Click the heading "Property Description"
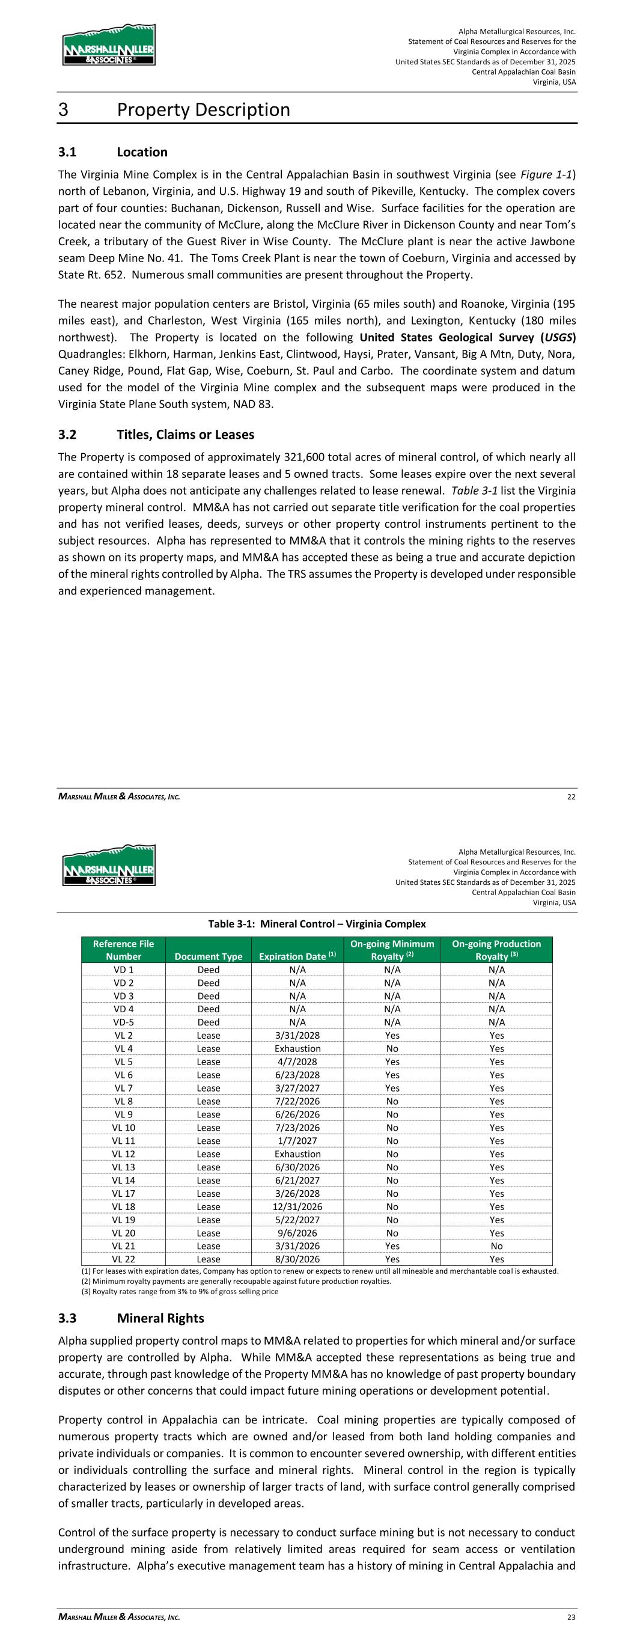[x=203, y=110]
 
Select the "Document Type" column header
[x=209, y=956]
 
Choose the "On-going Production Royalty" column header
[x=496, y=950]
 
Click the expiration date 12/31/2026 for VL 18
[x=297, y=1206]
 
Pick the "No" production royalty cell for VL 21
[x=496, y=1246]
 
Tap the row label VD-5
[x=124, y=1022]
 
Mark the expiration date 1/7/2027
[x=297, y=1141]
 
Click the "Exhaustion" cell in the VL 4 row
[x=297, y=1048]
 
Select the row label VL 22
[x=124, y=1259]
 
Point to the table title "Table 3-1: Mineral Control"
[x=317, y=924]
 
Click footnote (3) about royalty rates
[x=180, y=1291]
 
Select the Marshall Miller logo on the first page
[x=109, y=45]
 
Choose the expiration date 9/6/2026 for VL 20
[x=297, y=1233]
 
